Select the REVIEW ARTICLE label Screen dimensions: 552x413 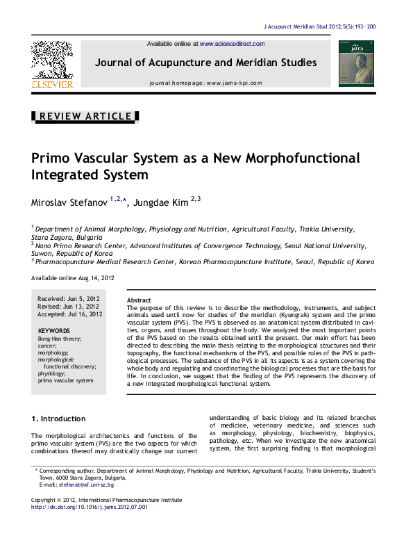85,116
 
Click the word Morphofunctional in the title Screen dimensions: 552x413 298,158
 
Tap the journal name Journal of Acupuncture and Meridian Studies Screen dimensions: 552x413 206,63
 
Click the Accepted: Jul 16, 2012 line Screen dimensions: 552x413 70,314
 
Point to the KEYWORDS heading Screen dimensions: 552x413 53,331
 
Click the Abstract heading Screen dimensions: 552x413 139,300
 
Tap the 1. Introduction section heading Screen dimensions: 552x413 59,419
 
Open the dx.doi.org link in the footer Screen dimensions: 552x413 90,507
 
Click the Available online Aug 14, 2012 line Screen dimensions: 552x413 72,277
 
